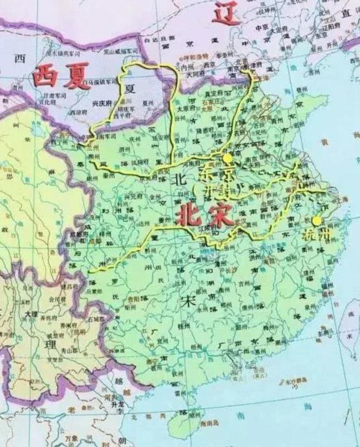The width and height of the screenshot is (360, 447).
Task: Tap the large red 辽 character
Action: point(227,12)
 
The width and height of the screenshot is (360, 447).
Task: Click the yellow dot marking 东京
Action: point(226,157)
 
